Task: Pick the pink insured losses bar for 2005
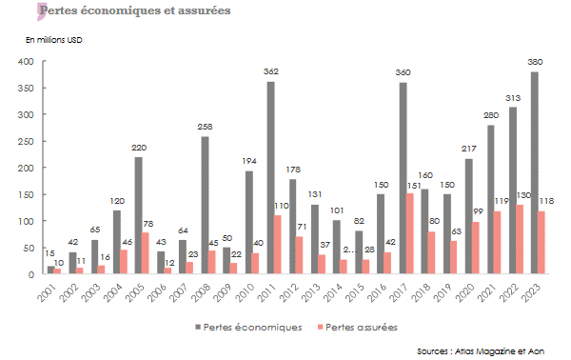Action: pos(146,253)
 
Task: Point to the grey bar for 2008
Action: pos(205,206)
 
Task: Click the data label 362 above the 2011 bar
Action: pos(271,71)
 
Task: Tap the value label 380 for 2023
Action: pos(537,62)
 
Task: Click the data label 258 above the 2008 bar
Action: pos(205,127)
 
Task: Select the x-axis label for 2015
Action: pos(358,290)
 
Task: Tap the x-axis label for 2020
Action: pos(468,290)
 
